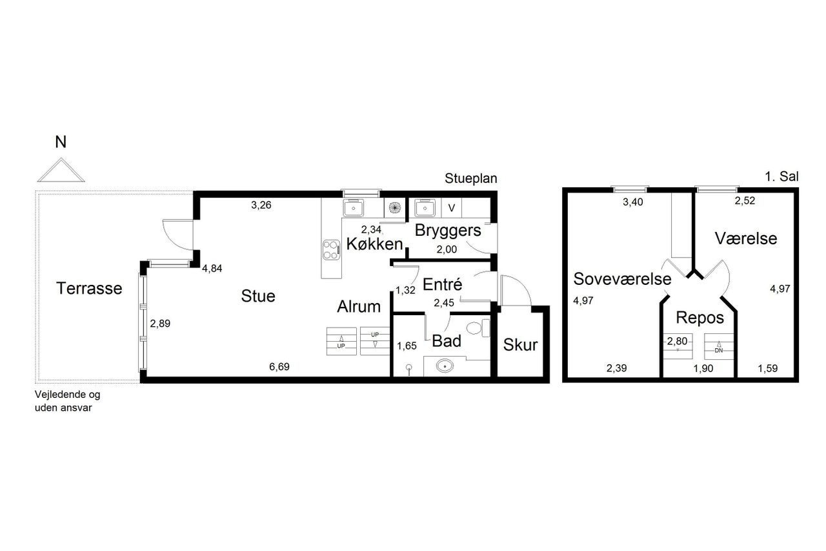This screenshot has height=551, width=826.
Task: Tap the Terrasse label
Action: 89,288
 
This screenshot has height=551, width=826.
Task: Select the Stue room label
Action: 258,296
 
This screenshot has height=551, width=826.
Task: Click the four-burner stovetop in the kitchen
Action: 331,250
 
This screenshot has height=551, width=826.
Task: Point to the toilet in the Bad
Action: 478,327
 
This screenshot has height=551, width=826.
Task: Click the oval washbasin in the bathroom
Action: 445,366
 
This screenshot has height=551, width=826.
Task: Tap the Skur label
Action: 520,345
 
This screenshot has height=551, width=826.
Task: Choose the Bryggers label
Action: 448,231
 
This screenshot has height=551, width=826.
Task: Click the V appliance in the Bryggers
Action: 451,208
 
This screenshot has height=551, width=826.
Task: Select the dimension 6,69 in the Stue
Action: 279,367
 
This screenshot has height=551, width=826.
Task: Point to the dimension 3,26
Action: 261,205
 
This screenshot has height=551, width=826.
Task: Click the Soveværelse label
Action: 623,279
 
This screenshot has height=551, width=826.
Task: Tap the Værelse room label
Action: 746,238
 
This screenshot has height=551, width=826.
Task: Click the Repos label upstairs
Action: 700,318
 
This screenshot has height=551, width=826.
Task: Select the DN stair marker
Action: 719,351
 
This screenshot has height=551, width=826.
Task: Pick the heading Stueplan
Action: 471,179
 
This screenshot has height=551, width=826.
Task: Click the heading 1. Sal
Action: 781,177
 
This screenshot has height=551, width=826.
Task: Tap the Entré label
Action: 442,284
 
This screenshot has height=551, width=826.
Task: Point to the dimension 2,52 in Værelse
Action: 745,201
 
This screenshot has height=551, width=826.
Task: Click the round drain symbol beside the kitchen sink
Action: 394,208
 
